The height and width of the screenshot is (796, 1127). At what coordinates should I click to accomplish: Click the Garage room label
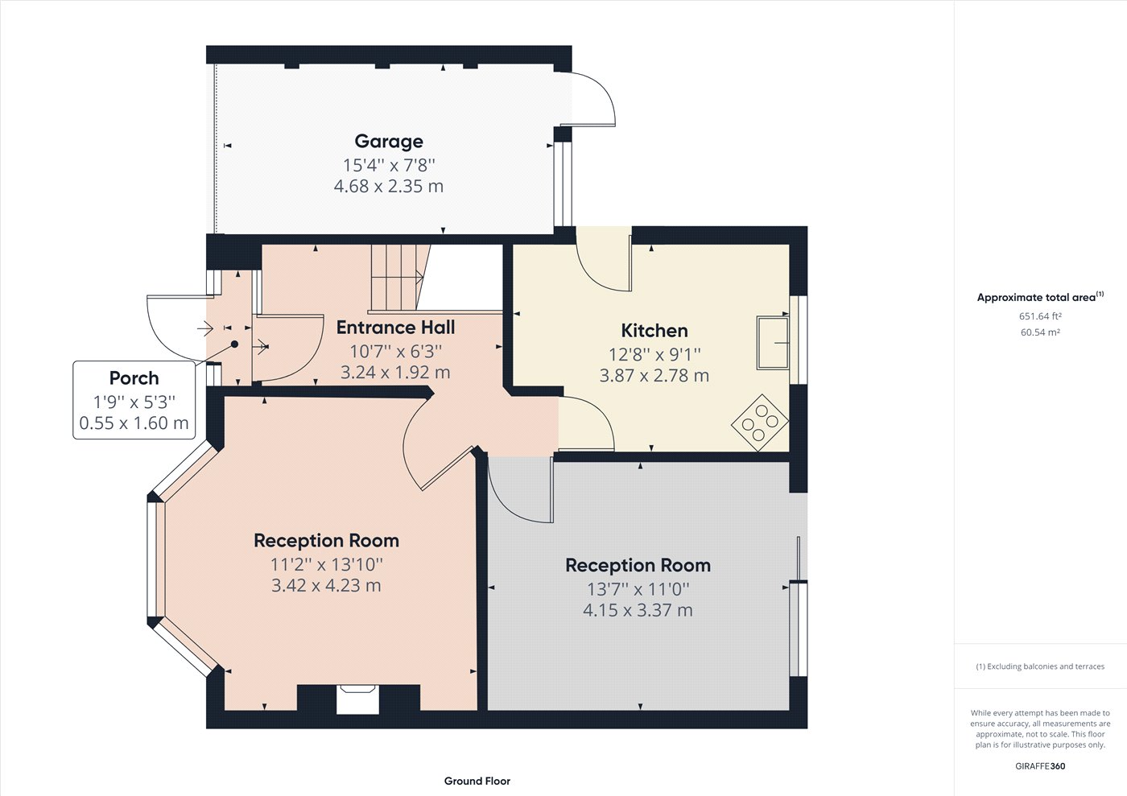click(389, 142)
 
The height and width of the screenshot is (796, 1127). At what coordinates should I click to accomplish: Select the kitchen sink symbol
click(773, 343)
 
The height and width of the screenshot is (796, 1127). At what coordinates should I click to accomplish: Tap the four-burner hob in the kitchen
click(760, 422)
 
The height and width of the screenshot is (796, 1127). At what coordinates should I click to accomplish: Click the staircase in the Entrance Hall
click(396, 278)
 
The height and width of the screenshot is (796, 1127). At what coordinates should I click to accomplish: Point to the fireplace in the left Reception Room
click(357, 698)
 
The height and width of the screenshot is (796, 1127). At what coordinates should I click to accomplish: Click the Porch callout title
click(134, 378)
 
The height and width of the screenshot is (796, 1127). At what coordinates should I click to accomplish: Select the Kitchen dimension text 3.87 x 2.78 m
click(654, 376)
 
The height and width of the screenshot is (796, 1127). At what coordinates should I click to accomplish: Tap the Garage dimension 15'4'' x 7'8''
click(389, 165)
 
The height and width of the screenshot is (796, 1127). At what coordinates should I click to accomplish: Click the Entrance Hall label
click(395, 328)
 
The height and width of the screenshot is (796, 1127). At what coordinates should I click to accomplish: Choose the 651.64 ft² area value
click(1040, 316)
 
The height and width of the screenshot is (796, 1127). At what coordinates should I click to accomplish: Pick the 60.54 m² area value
click(1040, 332)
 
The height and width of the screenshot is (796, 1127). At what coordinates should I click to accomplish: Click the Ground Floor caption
click(477, 781)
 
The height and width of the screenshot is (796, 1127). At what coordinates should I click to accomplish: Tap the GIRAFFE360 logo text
click(1040, 766)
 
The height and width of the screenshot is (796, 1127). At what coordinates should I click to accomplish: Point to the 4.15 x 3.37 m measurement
click(638, 611)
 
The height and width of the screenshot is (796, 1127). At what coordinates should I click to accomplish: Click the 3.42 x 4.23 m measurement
click(326, 586)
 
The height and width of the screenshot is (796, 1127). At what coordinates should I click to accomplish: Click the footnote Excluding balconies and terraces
click(1040, 666)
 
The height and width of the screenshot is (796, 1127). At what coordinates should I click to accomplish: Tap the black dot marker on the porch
click(235, 344)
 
